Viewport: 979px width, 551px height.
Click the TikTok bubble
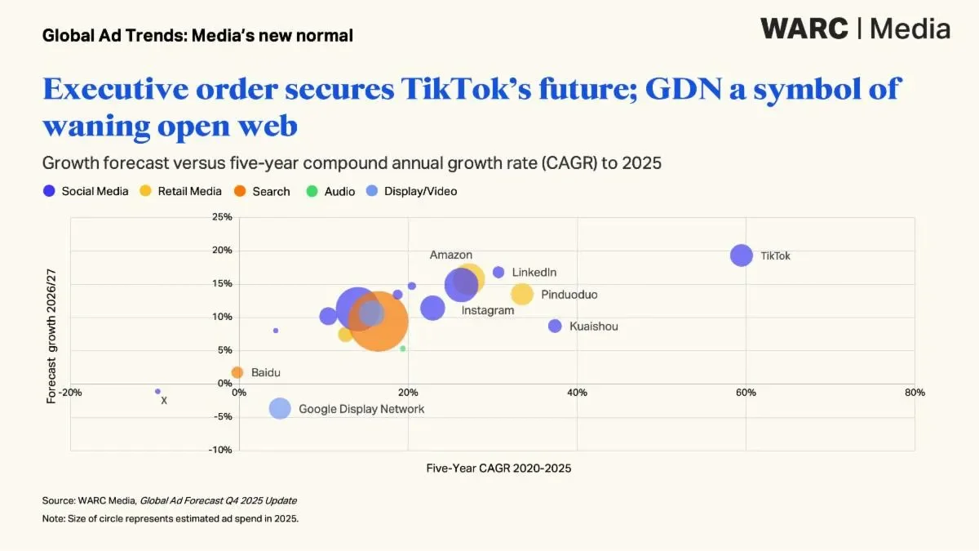pyautogui.click(x=741, y=256)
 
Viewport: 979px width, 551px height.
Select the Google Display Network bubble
pyautogui.click(x=280, y=408)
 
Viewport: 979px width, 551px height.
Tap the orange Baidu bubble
pyautogui.click(x=237, y=372)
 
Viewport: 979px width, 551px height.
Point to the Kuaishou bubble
pyautogui.click(x=555, y=326)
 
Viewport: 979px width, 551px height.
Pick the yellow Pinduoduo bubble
pyautogui.click(x=522, y=294)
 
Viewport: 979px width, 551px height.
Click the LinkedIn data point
pyautogui.click(x=498, y=272)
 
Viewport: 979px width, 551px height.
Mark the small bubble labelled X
pyautogui.click(x=157, y=392)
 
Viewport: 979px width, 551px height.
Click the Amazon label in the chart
pyautogui.click(x=450, y=255)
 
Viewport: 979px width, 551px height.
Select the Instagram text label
pyautogui.click(x=488, y=310)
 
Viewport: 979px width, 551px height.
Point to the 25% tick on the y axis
pyautogui.click(x=222, y=217)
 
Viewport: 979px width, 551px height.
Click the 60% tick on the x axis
pyautogui.click(x=746, y=393)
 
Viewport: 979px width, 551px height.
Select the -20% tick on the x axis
pyautogui.click(x=70, y=393)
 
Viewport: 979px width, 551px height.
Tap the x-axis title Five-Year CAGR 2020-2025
pyautogui.click(x=498, y=469)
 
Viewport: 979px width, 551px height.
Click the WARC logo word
pyautogui.click(x=804, y=29)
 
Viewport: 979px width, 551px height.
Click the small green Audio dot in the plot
pyautogui.click(x=402, y=349)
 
